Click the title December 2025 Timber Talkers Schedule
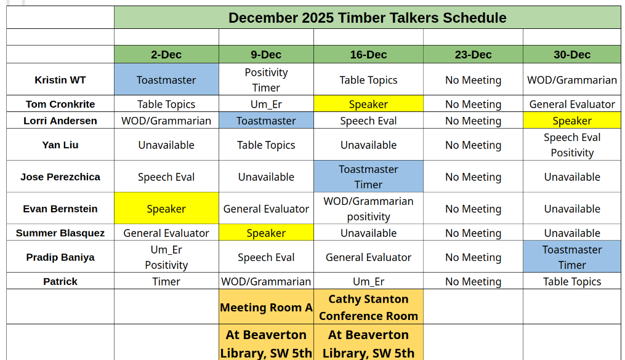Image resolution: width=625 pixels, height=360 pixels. pyautogui.click(x=367, y=18)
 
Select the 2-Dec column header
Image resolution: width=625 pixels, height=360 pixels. pyautogui.click(x=166, y=54)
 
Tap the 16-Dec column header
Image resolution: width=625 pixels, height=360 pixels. pyautogui.click(x=368, y=54)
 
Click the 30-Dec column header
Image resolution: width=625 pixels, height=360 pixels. pyautogui.click(x=571, y=54)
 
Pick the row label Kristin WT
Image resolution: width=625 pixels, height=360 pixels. pyautogui.click(x=60, y=80)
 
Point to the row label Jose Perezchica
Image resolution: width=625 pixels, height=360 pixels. pyautogui.click(x=60, y=177)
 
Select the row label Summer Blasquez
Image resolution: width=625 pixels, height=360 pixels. pyautogui.click(x=60, y=233)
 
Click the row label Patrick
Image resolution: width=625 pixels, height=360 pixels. pyautogui.click(x=60, y=281)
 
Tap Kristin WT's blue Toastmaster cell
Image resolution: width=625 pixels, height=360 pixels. pyautogui.click(x=166, y=80)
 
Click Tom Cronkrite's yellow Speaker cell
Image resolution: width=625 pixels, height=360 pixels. pyautogui.click(x=368, y=104)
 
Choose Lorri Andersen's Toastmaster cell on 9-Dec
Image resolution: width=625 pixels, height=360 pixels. pyautogui.click(x=266, y=121)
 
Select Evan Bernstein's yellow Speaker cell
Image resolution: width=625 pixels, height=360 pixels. pyautogui.click(x=166, y=209)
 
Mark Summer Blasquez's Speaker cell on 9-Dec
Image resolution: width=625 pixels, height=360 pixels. pyautogui.click(x=266, y=233)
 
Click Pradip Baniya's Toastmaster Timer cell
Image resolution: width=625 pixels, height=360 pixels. pyautogui.click(x=571, y=257)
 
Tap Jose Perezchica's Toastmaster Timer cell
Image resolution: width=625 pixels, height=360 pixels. pyautogui.click(x=368, y=177)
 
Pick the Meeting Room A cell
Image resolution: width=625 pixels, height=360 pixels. pyautogui.click(x=266, y=307)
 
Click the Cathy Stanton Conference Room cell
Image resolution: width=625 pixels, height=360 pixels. pyautogui.click(x=368, y=307)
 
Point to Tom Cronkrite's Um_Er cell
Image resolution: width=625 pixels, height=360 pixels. pyautogui.click(x=266, y=104)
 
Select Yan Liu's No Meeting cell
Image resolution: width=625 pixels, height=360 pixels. pyautogui.click(x=473, y=145)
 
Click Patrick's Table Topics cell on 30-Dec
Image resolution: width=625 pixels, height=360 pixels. pyautogui.click(x=571, y=281)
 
